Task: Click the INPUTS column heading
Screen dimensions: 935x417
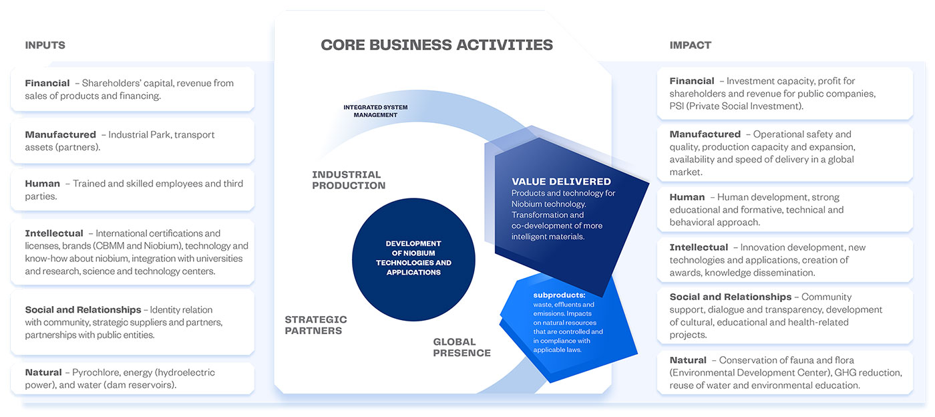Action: [x=45, y=45]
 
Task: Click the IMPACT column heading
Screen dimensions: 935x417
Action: [x=691, y=45]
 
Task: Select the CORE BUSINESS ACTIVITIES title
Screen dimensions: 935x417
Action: [x=437, y=45]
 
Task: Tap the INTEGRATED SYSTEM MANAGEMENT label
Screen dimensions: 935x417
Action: [x=375, y=111]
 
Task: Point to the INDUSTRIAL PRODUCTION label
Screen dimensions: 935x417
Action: [x=349, y=180]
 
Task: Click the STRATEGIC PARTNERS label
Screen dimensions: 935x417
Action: [x=315, y=325]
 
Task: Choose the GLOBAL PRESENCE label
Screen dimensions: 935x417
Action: [x=461, y=347]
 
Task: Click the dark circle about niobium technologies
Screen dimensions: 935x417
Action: [x=413, y=259]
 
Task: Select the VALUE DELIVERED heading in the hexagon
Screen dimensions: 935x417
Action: [x=561, y=181]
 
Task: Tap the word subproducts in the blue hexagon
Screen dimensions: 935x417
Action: [x=559, y=295]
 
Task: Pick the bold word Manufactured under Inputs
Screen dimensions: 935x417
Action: [x=61, y=134]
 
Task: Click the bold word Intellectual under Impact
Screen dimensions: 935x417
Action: [x=699, y=247]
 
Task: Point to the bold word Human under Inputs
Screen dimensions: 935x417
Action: [x=43, y=184]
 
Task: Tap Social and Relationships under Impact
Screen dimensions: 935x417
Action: [x=731, y=297]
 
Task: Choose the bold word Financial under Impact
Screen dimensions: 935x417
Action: [x=692, y=81]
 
